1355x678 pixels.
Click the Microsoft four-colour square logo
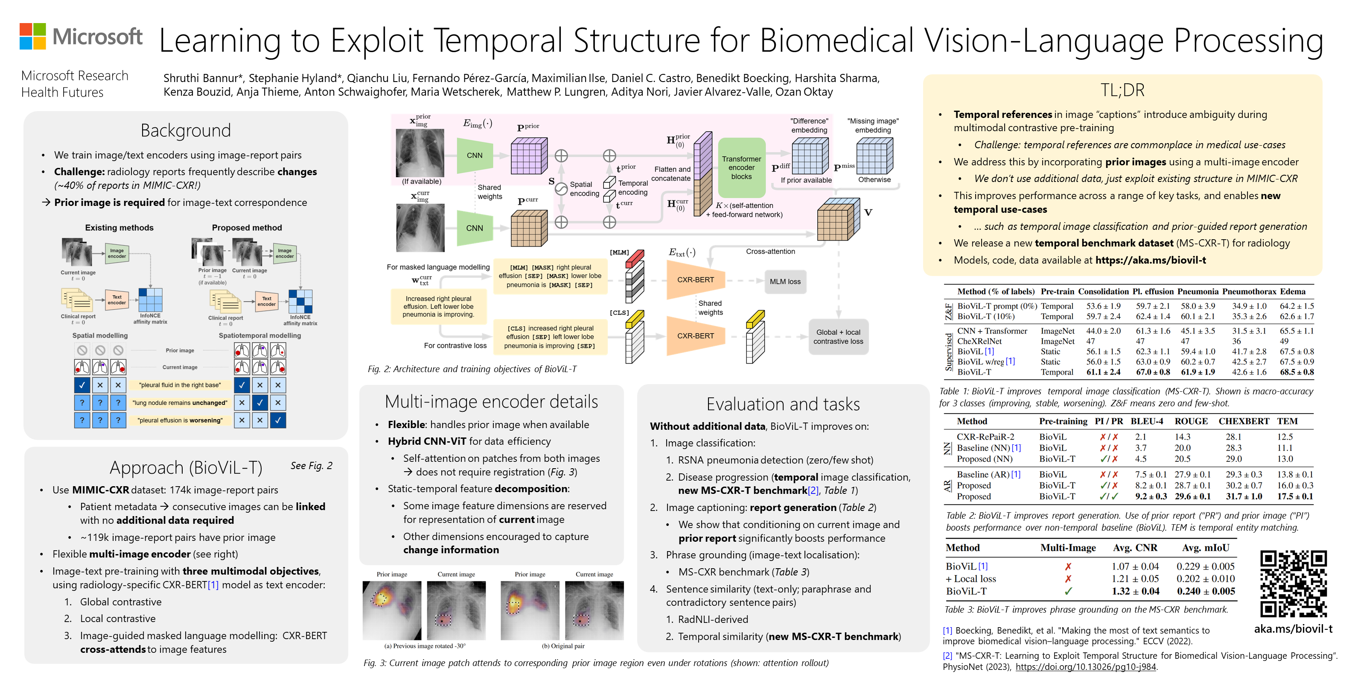32,36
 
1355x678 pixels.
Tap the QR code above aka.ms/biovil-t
1293,583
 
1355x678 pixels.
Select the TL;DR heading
1122,90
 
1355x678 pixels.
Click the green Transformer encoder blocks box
741,167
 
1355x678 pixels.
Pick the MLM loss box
785,282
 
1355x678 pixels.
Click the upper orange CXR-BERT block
695,280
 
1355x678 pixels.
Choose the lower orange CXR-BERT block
695,336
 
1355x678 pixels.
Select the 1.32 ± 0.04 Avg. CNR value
1135,591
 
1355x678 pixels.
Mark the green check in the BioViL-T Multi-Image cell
1068,591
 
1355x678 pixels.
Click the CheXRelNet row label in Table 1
979,341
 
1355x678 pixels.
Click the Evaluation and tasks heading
783,404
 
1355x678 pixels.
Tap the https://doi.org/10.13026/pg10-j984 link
1086,667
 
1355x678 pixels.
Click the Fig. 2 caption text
472,369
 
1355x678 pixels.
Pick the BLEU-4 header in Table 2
1147,421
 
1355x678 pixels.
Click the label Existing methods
119,227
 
